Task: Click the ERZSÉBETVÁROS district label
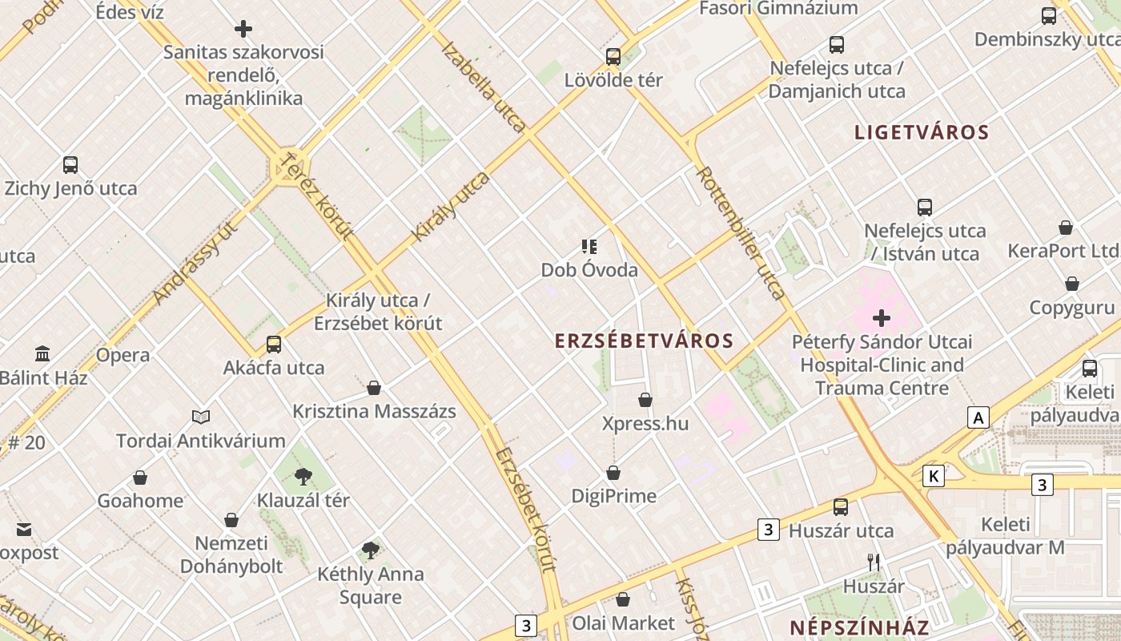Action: [645, 341]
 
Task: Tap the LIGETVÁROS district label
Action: [922, 132]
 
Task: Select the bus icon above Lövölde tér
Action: [613, 56]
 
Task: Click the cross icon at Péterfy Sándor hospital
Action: [882, 318]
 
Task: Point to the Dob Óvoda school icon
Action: [589, 246]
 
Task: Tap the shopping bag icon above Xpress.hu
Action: [645, 399]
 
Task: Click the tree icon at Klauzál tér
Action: [303, 477]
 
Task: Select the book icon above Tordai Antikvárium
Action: [201, 417]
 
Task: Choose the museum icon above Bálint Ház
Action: [42, 353]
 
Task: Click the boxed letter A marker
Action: [978, 417]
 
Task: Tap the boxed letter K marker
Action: [933, 476]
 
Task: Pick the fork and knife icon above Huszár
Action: [874, 562]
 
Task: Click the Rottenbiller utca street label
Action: [740, 232]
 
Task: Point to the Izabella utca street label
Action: [484, 87]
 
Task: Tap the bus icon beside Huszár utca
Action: [840, 506]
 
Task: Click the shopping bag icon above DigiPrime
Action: [613, 473]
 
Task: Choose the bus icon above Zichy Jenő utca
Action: [70, 165]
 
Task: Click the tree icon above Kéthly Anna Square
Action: [370, 550]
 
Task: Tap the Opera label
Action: [123, 355]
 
